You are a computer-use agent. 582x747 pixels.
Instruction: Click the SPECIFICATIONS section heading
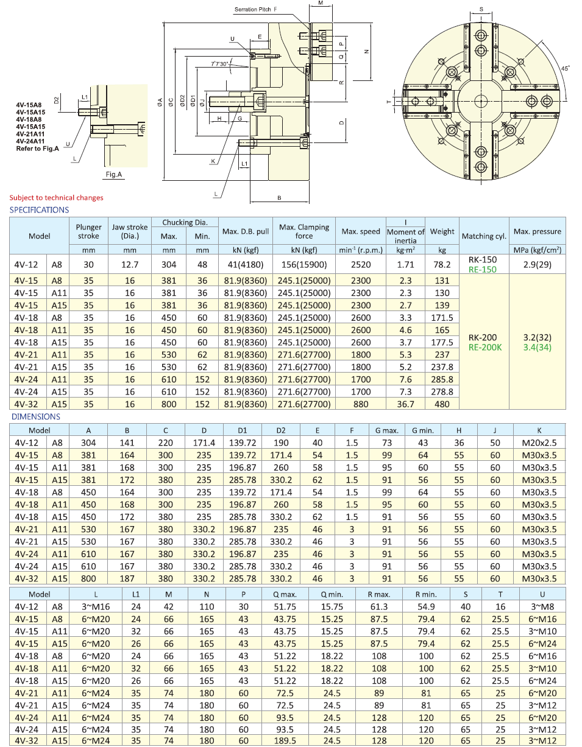pos(39,210)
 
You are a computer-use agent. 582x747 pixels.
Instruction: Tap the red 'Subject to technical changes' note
pos(56,197)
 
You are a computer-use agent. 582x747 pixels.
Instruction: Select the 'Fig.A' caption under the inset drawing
pos(114,175)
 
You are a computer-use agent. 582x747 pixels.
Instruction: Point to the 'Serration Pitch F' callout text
pos(255,10)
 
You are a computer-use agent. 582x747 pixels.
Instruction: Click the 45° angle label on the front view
pos(565,69)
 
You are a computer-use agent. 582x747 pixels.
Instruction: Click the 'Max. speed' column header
pos(361,231)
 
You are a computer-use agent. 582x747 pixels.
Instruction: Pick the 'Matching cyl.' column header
pos(484,236)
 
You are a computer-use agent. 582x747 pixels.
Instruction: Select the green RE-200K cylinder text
pos(485,348)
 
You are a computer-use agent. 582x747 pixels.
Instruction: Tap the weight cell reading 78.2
pos(442,264)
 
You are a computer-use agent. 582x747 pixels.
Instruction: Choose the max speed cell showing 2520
pos(361,264)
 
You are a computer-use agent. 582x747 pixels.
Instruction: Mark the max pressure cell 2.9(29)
pos(537,264)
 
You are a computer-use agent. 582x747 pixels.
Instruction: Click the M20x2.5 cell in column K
pos(535,443)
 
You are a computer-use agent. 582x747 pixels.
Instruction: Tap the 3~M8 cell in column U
pos(542,607)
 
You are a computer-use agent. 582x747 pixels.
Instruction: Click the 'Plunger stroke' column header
pos(88,231)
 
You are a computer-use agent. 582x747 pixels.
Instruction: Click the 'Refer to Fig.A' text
pos(37,149)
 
